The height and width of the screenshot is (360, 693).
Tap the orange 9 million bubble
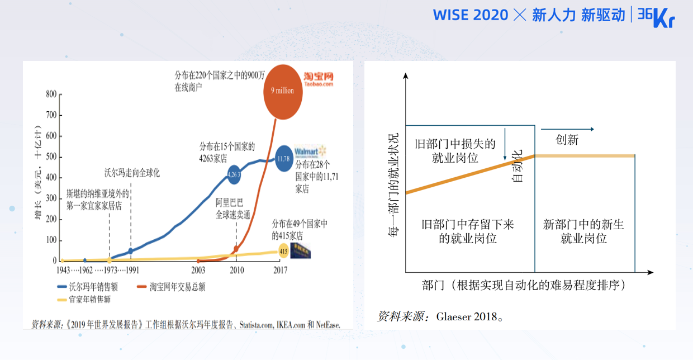pyautogui.click(x=282, y=91)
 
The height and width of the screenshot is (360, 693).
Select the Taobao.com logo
pyautogui.click(x=319, y=79)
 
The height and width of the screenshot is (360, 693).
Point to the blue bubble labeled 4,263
pyautogui.click(x=234, y=175)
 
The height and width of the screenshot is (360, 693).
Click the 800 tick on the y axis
pyautogui.click(x=51, y=94)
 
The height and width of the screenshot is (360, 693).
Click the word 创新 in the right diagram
pyautogui.click(x=567, y=140)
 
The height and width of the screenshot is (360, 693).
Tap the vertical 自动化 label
pyautogui.click(x=518, y=166)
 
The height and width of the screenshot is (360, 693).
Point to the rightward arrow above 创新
pyautogui.click(x=575, y=129)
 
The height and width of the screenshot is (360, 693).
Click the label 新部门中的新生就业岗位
pyautogui.click(x=583, y=231)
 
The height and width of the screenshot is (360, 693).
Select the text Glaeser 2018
pyautogui.click(x=458, y=317)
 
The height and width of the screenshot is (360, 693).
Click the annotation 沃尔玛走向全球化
pyautogui.click(x=132, y=173)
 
